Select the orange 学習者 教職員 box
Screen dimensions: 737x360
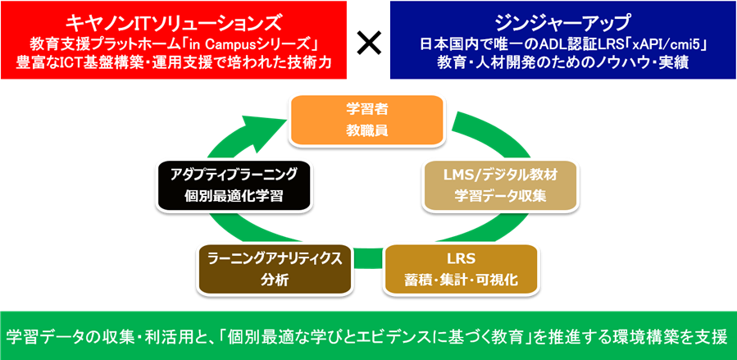pyautogui.click(x=367, y=120)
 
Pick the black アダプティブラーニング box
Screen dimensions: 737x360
pyautogui.click(x=234, y=185)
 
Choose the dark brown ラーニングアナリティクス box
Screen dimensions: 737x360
pyautogui.click(x=274, y=269)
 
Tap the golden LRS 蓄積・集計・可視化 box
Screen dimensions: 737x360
pyautogui.click(x=461, y=269)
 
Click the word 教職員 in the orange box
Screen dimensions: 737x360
pyautogui.click(x=367, y=130)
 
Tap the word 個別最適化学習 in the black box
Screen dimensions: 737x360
pyautogui.click(x=234, y=195)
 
